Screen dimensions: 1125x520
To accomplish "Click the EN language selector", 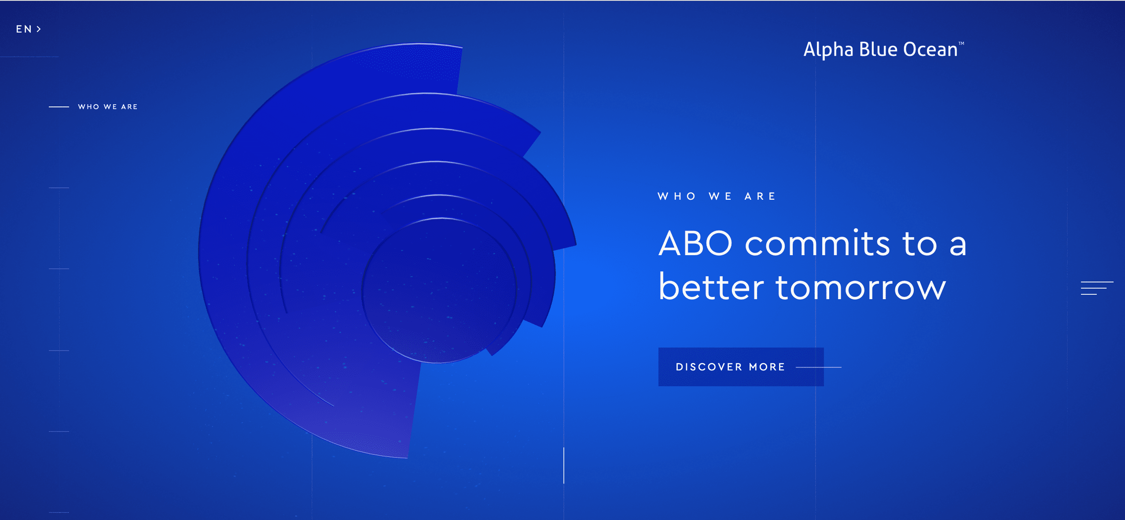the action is coord(29,29).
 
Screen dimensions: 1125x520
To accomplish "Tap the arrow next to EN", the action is coord(39,29).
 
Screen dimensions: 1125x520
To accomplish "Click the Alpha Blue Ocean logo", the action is coord(883,49).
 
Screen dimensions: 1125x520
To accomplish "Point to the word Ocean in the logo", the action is coord(930,49).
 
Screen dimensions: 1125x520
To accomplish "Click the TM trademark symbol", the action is coord(961,43).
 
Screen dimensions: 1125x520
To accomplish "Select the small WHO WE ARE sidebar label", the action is coord(108,107).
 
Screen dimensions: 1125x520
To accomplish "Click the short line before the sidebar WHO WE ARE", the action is coord(59,107).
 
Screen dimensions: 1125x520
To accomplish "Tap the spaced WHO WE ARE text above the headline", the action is coord(717,196).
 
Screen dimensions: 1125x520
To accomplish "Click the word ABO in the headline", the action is coord(695,243).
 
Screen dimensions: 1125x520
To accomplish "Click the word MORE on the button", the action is coord(767,367).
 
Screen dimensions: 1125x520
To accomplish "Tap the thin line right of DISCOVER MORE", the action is coord(819,367).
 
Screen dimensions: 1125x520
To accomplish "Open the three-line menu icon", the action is coord(1097,288).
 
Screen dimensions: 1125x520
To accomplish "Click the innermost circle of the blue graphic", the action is coord(439,291).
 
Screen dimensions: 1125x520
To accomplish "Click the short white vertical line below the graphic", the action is coord(564,465).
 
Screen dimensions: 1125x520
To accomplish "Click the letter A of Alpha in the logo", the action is coord(810,49).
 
